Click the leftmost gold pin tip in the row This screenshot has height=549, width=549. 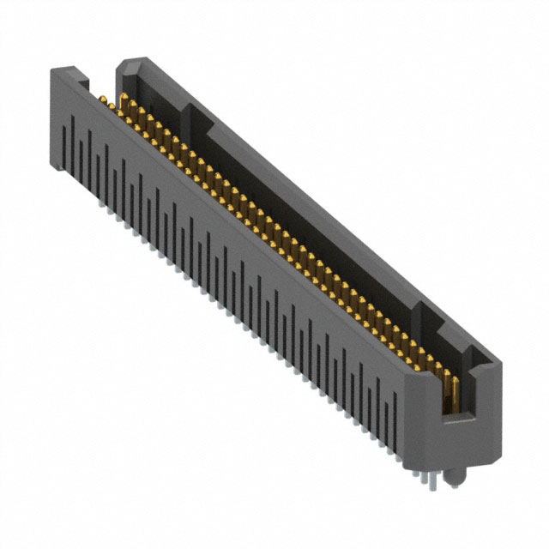101,101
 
